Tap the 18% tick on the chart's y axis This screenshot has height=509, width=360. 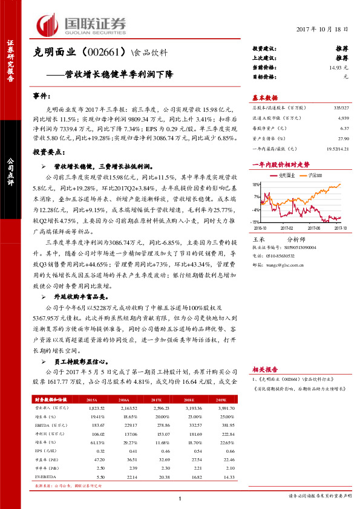pyautogui.click(x=256, y=184)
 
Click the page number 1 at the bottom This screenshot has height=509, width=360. pyautogui.click(x=180, y=499)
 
